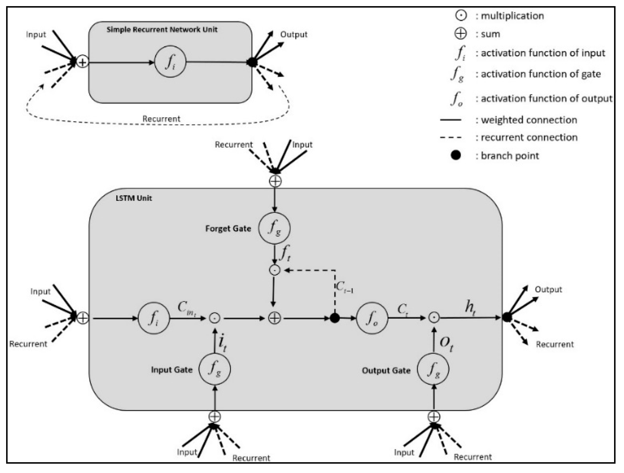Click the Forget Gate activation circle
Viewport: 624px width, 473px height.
(274, 228)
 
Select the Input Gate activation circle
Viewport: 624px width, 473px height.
(215, 369)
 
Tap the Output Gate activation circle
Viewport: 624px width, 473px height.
(433, 369)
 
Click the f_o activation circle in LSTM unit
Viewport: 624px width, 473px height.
(372, 318)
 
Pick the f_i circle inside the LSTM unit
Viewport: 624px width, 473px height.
(154, 318)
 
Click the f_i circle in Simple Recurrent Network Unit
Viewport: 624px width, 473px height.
(170, 62)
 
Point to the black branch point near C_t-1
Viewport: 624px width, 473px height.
(335, 318)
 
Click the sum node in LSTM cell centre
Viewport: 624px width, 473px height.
(274, 318)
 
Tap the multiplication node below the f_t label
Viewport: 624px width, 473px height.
(274, 270)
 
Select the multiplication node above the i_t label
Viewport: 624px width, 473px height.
(215, 318)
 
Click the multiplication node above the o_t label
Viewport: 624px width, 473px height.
(434, 318)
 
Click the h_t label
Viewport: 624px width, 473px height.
(470, 308)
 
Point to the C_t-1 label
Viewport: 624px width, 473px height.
(345, 287)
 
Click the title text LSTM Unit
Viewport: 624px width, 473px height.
(134, 198)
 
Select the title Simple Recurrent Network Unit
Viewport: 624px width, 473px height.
(162, 29)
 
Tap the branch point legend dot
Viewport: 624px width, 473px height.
(456, 155)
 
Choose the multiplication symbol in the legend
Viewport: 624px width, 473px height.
(461, 15)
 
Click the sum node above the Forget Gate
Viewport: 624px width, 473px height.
(275, 181)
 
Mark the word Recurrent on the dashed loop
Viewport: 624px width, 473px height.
(161, 119)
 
